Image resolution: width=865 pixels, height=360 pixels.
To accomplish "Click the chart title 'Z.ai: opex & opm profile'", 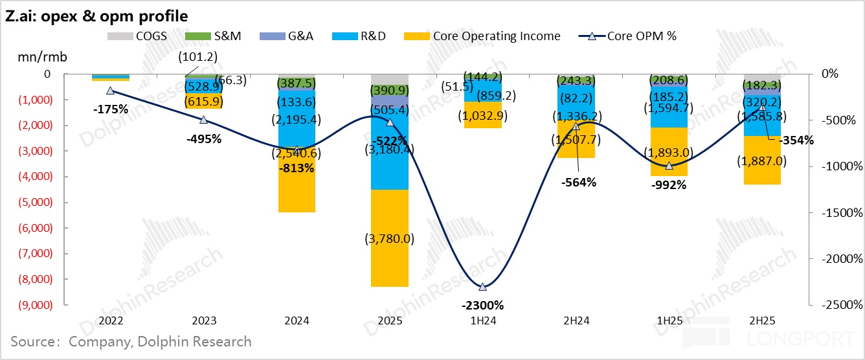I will pos(97,15).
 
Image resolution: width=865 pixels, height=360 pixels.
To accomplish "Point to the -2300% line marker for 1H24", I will pos(482,286).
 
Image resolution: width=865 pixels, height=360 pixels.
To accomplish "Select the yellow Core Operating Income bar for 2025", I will pos(389,238).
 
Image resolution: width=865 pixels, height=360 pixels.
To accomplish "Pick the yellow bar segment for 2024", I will pos(297,188).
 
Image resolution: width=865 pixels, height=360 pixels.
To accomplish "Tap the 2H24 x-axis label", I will pos(576,321).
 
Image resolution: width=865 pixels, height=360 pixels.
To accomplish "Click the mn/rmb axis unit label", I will pos(43,56).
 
